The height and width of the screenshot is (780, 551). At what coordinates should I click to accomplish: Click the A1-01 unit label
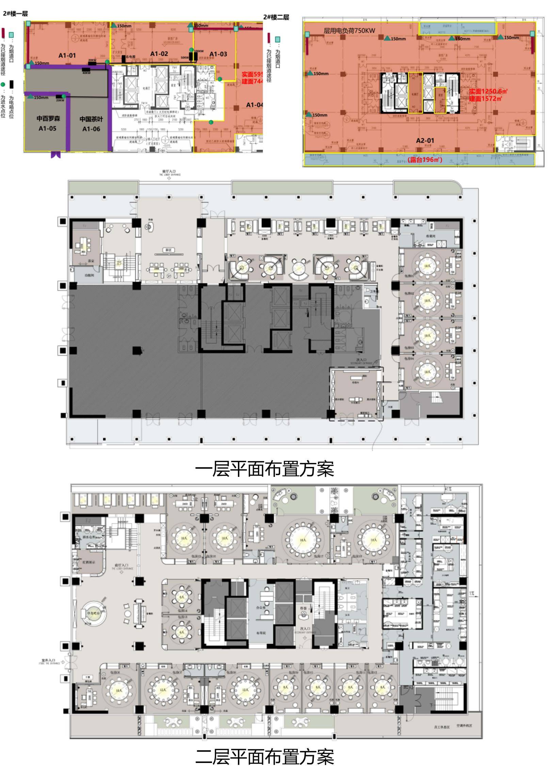click(67, 56)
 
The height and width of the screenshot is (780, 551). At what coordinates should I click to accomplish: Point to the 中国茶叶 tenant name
click(91, 119)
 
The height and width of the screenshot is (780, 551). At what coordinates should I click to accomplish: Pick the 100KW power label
click(198, 51)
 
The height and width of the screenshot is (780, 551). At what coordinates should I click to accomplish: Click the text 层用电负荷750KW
click(350, 31)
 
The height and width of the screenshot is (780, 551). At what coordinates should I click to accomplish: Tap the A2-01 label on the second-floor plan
click(425, 140)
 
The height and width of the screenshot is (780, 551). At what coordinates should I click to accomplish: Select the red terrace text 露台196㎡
click(425, 160)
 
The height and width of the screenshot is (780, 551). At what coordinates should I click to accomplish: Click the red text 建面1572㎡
click(485, 99)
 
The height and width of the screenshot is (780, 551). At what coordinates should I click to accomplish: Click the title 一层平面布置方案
click(264, 469)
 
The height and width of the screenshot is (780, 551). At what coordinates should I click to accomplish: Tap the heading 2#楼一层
click(15, 14)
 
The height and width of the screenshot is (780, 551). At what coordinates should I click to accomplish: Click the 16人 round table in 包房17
click(302, 540)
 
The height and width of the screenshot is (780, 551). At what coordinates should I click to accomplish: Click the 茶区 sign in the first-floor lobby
click(168, 250)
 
